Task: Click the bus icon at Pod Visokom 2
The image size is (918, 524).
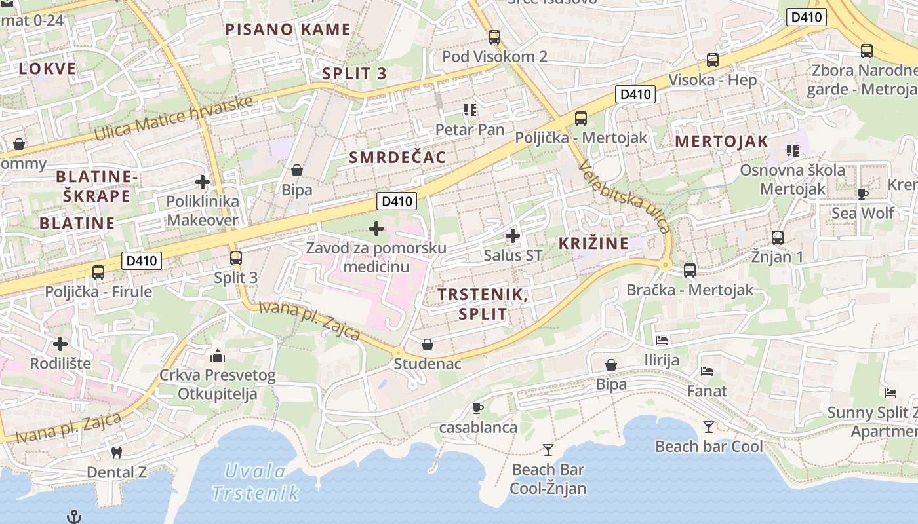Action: point(494,37)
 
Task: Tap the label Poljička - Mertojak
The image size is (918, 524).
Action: point(581,138)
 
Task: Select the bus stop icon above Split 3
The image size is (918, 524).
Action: point(236,258)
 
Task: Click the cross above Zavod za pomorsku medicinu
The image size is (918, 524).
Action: point(376,229)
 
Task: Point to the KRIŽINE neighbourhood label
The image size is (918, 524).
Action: point(593,244)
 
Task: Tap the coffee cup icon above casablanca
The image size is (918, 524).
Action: point(478,409)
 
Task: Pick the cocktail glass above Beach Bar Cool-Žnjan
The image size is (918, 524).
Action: point(548,450)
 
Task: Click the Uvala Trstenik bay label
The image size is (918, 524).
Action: point(256,482)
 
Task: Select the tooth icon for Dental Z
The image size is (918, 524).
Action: point(117,453)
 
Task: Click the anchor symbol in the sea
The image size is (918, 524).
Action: point(75,517)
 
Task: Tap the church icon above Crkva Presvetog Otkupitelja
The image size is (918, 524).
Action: point(218,356)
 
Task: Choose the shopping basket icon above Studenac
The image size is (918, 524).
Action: point(428,344)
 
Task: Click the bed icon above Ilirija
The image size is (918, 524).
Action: point(662,341)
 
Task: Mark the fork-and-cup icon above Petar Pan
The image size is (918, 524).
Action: point(469,109)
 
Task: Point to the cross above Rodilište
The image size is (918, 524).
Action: point(60,344)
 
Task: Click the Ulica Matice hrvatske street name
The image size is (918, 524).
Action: point(174,119)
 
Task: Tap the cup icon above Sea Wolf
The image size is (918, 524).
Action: point(863,194)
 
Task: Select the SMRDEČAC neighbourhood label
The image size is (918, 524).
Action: point(397,157)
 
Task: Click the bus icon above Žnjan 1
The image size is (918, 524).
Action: point(778,237)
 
